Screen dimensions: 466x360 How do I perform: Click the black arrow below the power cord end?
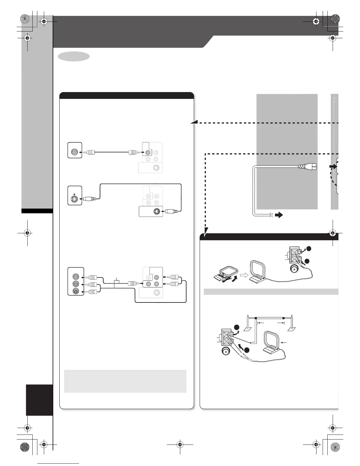[x=278, y=215]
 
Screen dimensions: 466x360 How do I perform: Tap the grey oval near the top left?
[x=74, y=57]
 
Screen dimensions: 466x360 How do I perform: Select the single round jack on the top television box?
[x=75, y=152]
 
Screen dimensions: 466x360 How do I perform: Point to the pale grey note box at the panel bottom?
[x=125, y=381]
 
